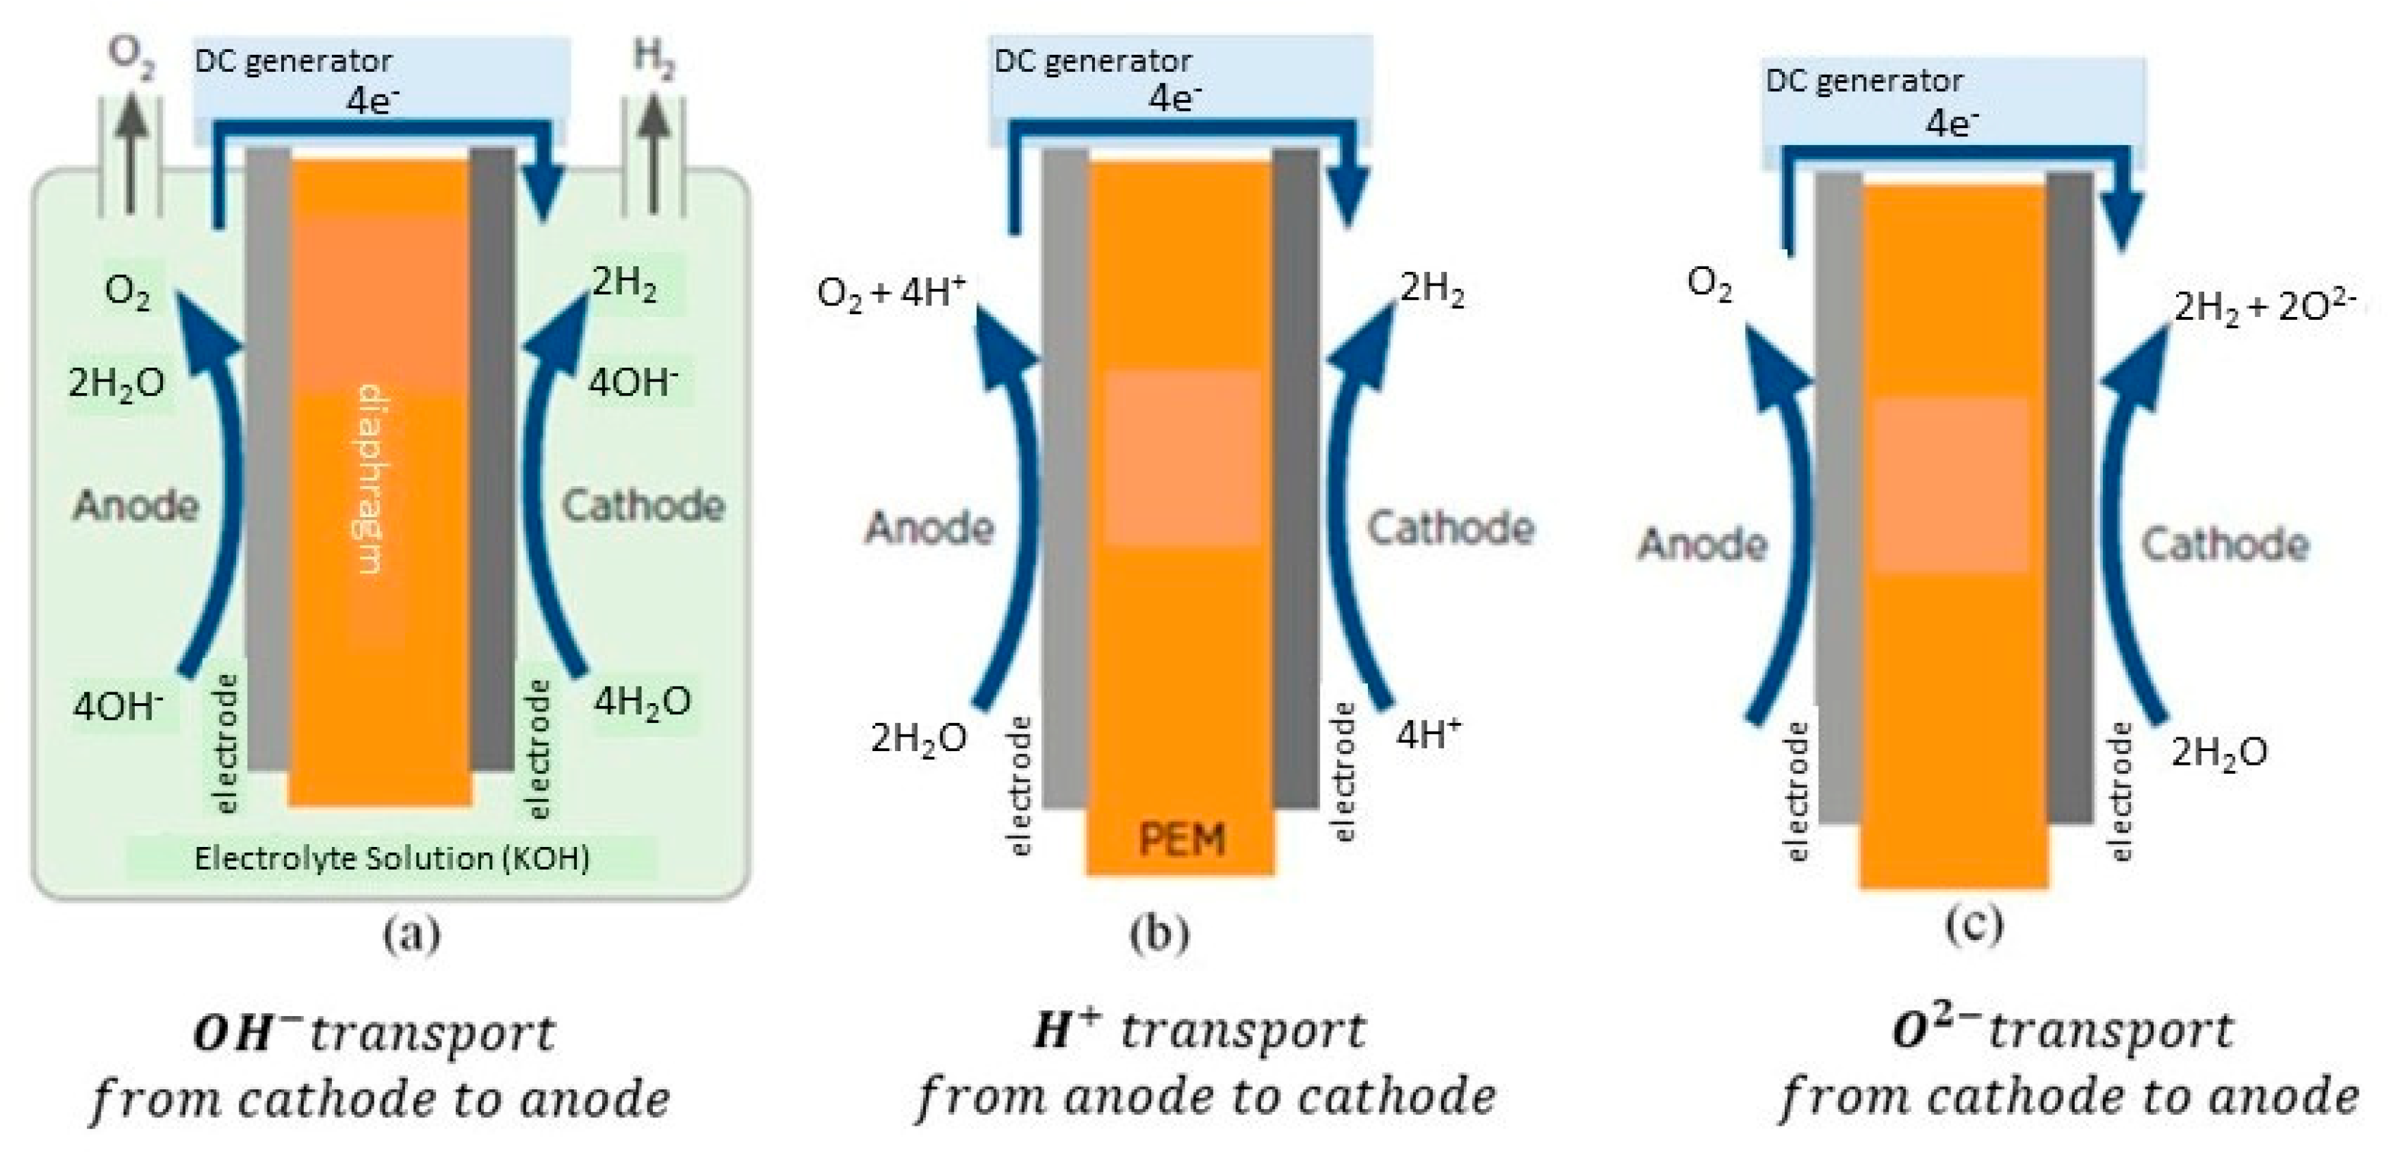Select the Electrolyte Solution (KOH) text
coord(391,859)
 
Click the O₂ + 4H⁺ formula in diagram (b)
coord(891,292)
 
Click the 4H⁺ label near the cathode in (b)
coord(1428,735)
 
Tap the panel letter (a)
coord(411,934)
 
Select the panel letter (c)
coord(1974,924)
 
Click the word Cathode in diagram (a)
coord(643,506)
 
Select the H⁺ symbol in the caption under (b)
coord(1068,1030)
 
